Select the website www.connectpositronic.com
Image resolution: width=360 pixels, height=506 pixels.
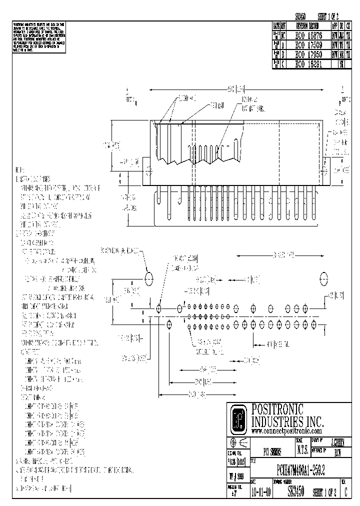[286, 430]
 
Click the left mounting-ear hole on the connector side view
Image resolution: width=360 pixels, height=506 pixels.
[148, 170]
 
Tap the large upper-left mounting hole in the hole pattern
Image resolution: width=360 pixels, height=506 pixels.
[149, 278]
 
